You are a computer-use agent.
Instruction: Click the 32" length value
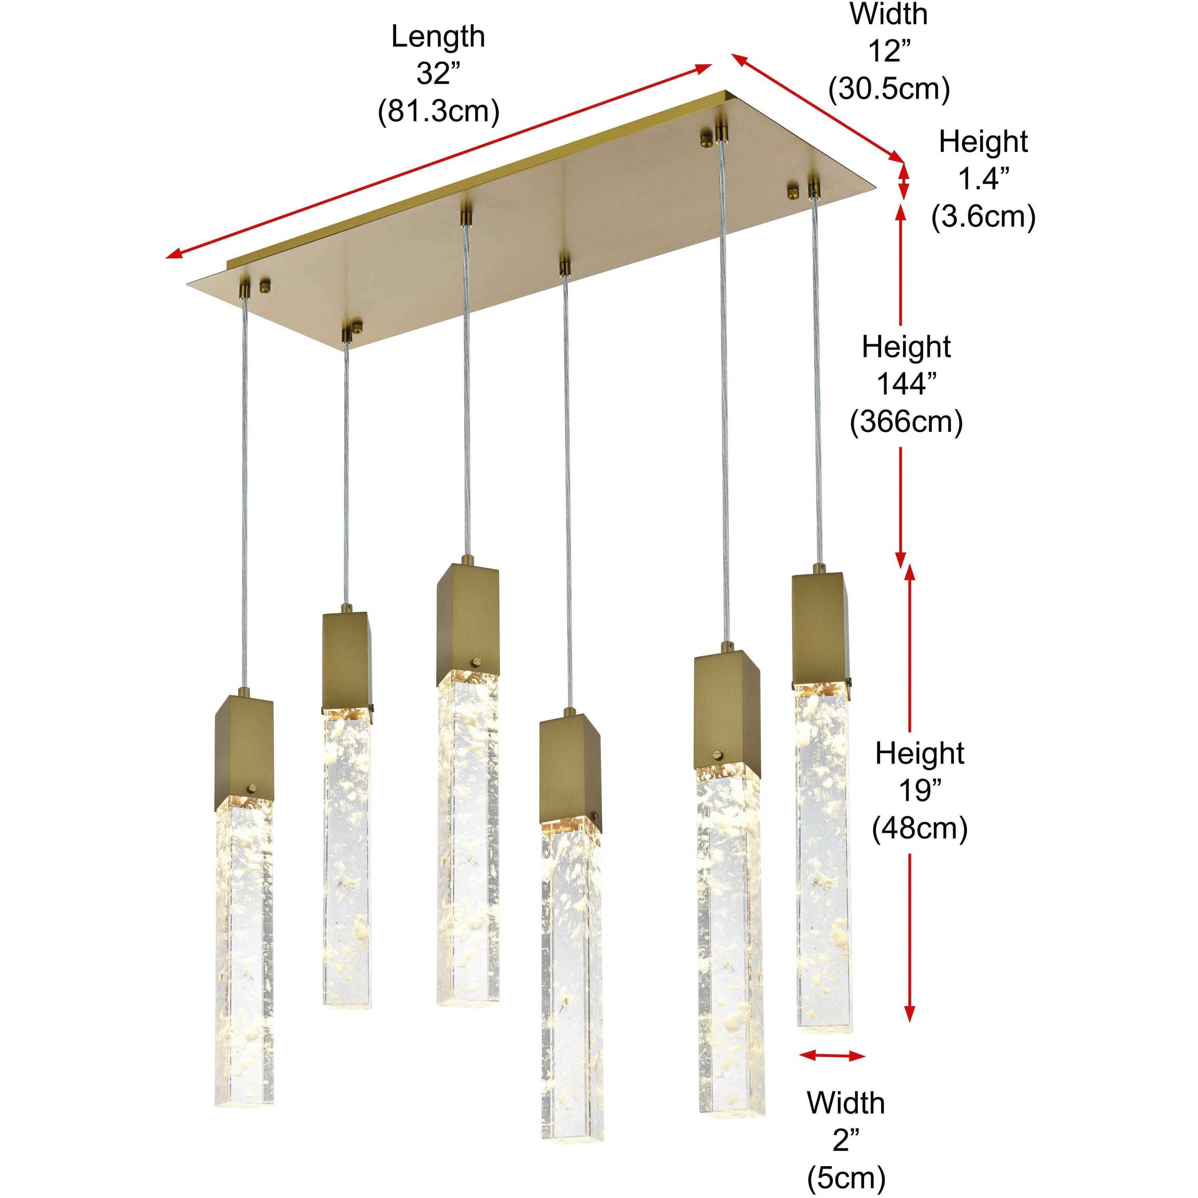438,74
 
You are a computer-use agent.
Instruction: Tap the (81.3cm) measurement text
438,112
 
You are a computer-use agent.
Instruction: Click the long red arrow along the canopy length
438,161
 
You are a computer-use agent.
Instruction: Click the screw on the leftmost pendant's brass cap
252,788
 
